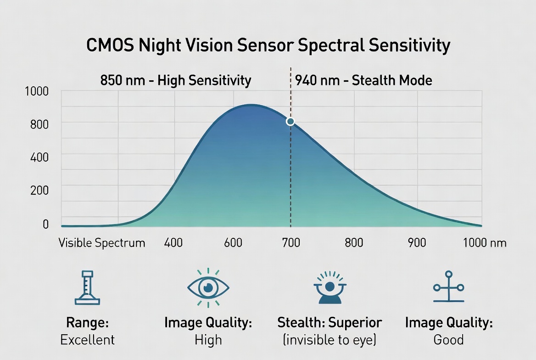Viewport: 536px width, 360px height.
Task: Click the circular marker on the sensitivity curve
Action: [x=290, y=122]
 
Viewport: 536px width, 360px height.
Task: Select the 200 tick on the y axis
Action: [x=39, y=190]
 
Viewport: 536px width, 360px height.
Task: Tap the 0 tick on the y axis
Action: [x=46, y=224]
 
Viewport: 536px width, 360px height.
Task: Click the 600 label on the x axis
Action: [x=233, y=242]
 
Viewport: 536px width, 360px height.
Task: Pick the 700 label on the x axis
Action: [x=290, y=242]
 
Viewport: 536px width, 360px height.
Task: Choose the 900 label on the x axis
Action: [x=417, y=242]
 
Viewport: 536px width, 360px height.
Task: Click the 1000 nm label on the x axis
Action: [x=485, y=242]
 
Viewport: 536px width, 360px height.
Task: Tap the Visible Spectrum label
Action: [x=102, y=242]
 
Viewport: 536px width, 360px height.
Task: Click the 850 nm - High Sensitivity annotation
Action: [x=176, y=81]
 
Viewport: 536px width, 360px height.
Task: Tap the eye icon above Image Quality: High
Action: [x=208, y=287]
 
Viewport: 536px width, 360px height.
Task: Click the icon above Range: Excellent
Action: [x=87, y=288]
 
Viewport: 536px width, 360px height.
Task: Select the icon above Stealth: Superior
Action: [x=329, y=287]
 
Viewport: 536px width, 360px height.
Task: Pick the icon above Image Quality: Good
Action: [x=448, y=287]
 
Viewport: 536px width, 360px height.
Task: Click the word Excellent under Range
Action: [x=87, y=340]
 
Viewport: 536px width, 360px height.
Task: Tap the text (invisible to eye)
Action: [x=329, y=340]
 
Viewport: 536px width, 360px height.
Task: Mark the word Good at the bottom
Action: [x=448, y=340]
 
